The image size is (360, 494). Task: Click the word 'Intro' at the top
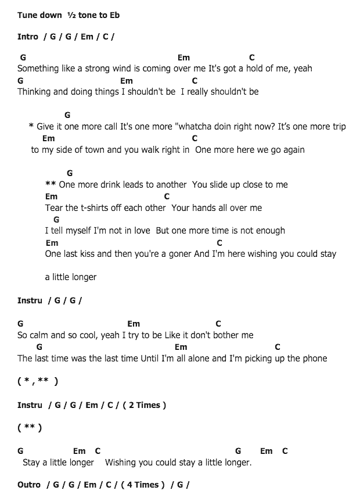[28, 37]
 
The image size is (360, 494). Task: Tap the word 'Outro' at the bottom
[29, 485]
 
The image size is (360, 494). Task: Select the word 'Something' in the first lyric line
[38, 69]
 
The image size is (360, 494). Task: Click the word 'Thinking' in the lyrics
[35, 92]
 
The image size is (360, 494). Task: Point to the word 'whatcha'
[197, 127]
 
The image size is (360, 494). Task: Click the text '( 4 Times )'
[143, 485]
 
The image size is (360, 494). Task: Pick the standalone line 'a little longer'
[70, 277]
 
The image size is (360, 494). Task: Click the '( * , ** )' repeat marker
[38, 382]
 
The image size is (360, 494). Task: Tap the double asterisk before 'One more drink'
[51, 185]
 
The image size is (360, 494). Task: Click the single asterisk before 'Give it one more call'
[31, 127]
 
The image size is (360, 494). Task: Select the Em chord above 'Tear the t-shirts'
[51, 196]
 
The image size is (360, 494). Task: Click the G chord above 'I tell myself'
[56, 220]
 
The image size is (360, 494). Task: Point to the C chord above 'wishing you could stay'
[219, 243]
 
